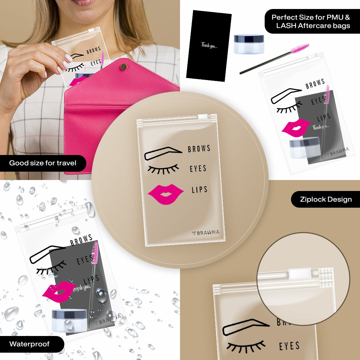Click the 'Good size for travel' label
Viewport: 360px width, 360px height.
pyautogui.click(x=43, y=163)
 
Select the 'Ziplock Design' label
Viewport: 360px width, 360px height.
pyautogui.click(x=326, y=199)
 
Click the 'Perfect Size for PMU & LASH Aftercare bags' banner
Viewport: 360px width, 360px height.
pyautogui.click(x=311, y=21)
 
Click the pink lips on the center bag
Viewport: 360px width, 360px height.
pyautogui.click(x=166, y=194)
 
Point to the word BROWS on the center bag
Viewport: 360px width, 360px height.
pyautogui.click(x=199, y=149)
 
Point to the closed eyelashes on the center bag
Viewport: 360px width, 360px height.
pyautogui.click(x=163, y=169)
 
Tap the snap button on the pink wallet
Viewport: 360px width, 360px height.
pyautogui.click(x=124, y=67)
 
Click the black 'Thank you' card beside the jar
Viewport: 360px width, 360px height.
pyautogui.click(x=209, y=45)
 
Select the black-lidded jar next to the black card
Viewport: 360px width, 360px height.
pyautogui.click(x=249, y=44)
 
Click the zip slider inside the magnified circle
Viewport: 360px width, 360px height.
pyautogui.click(x=300, y=273)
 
